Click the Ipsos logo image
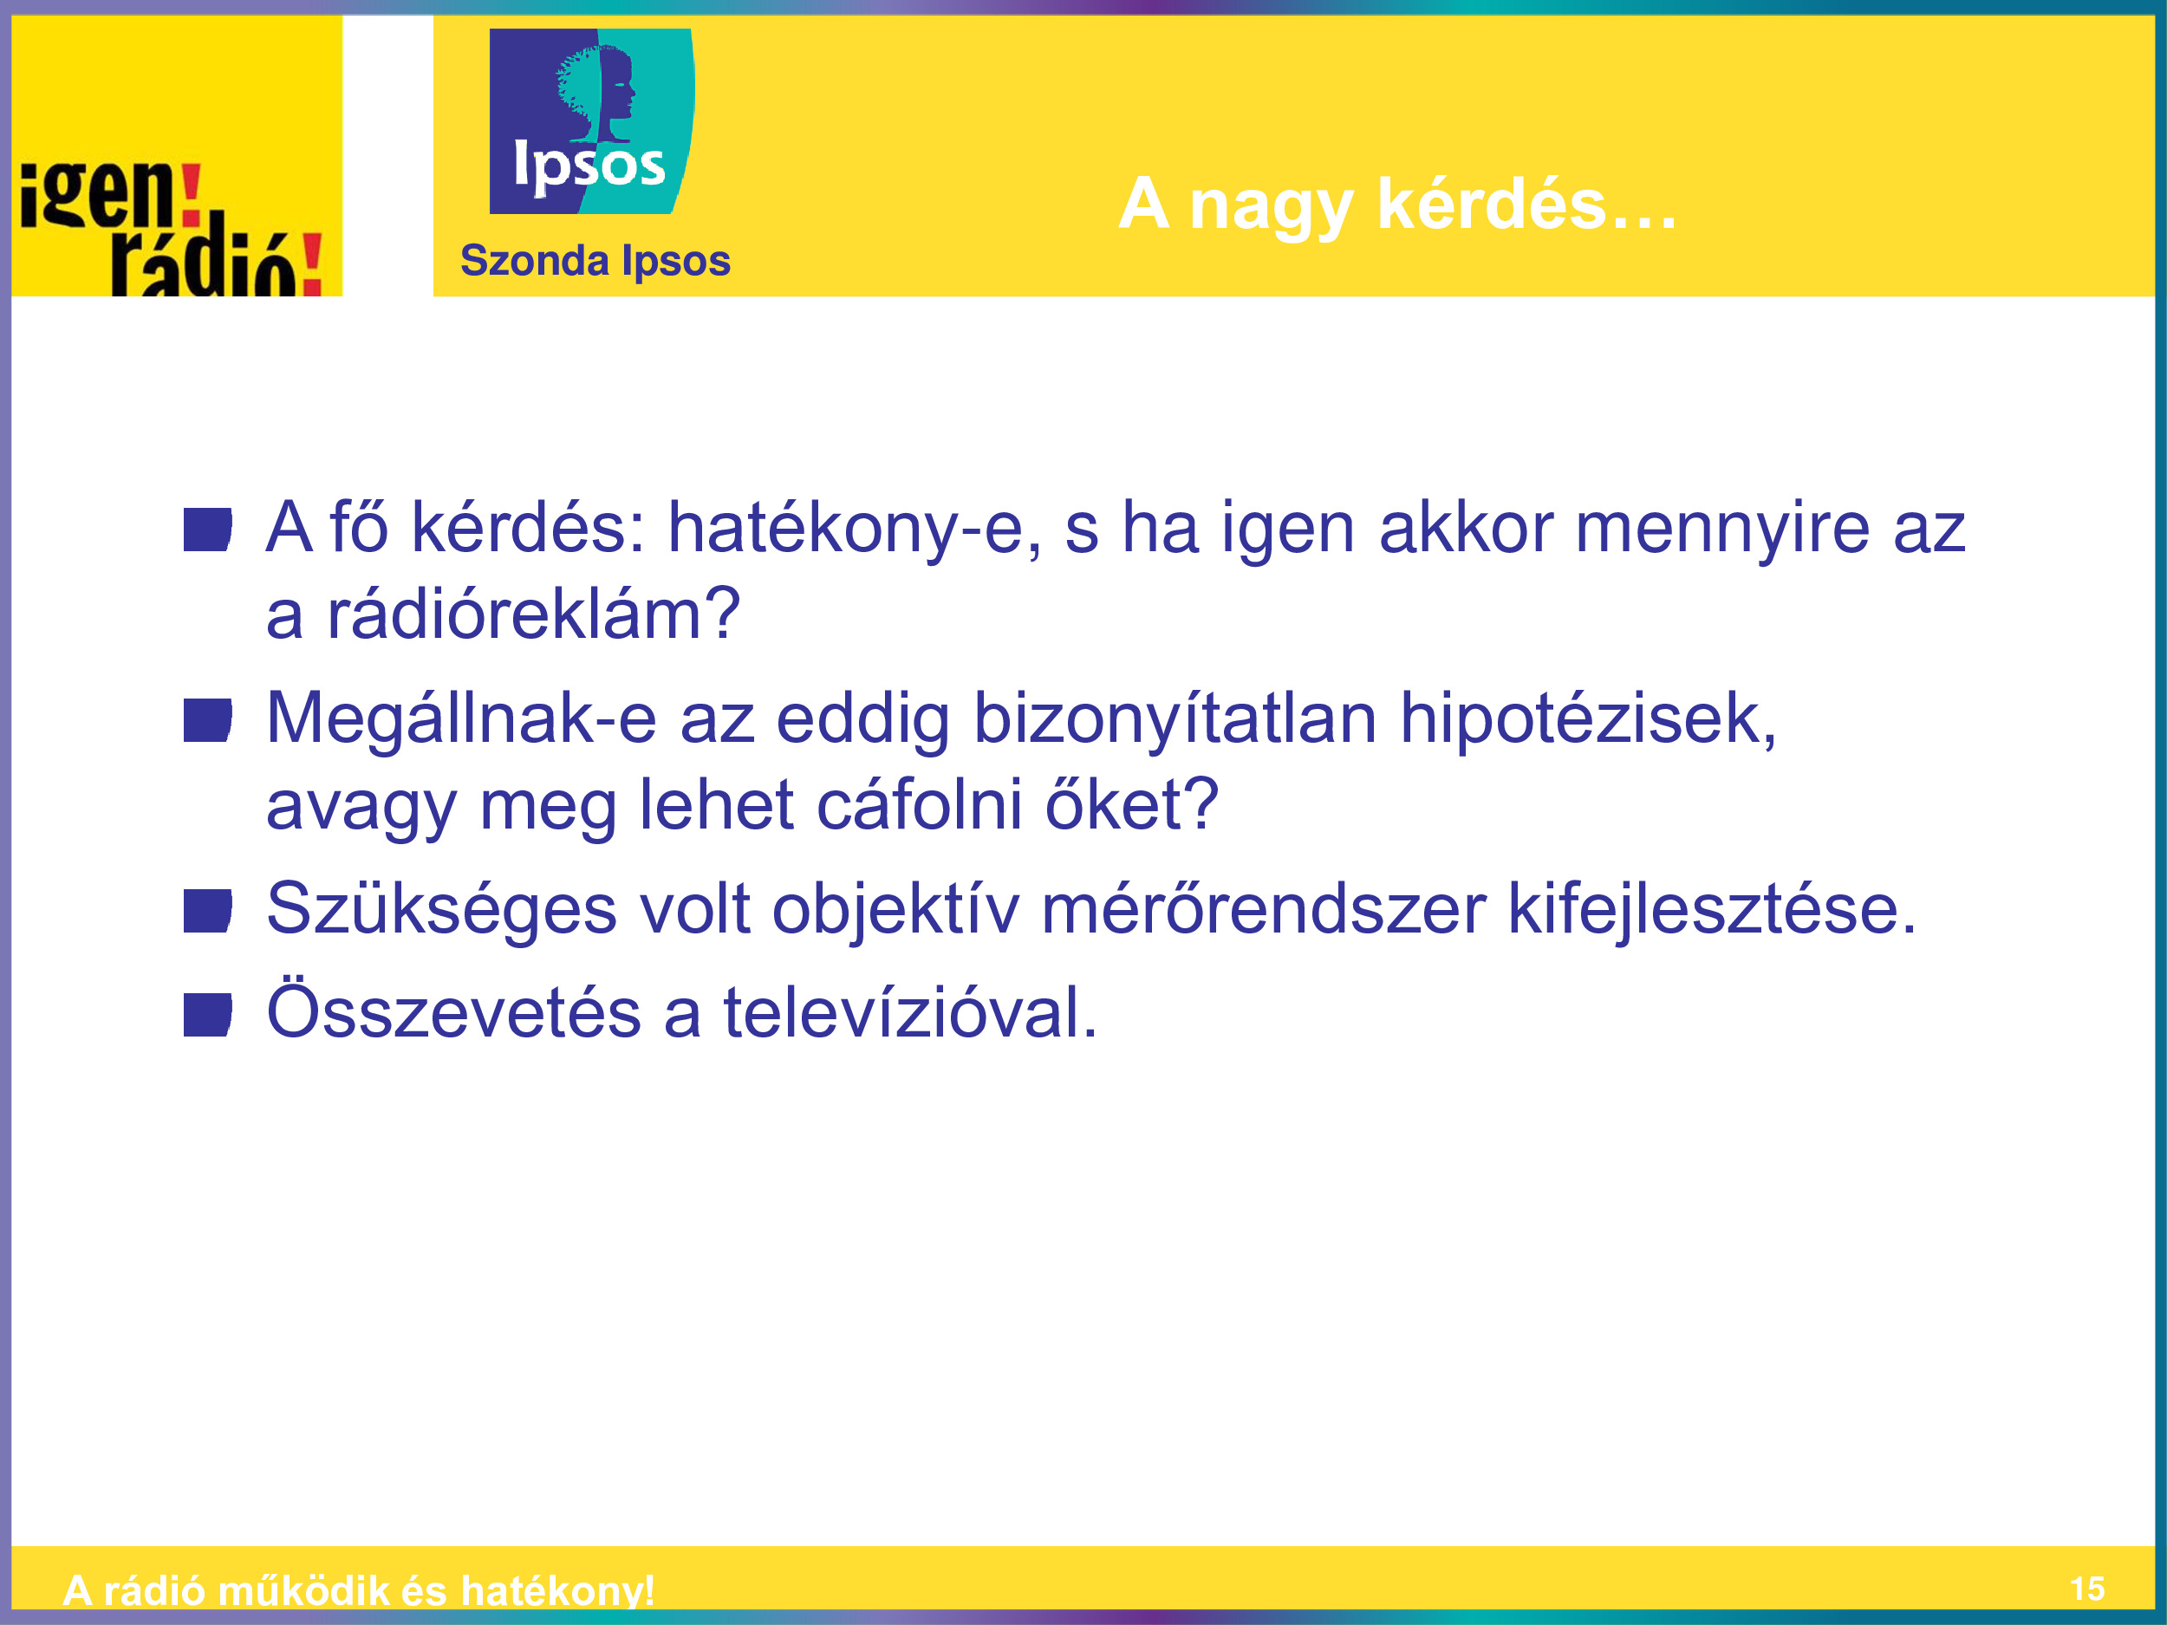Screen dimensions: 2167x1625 (x=592, y=120)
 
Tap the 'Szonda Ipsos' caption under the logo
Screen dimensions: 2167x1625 (x=595, y=261)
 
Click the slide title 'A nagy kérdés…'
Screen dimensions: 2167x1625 (x=1397, y=205)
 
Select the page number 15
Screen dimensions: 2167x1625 (x=2087, y=1589)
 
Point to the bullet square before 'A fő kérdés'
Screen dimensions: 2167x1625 (x=208, y=530)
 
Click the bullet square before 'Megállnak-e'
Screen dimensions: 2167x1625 (x=208, y=721)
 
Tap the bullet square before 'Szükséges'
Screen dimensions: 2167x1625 (x=208, y=911)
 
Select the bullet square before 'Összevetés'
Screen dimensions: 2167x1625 (x=208, y=1015)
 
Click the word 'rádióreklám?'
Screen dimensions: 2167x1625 (x=533, y=614)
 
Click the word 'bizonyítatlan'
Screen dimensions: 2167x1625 (x=1175, y=720)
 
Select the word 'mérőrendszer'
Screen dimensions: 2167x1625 (x=1263, y=909)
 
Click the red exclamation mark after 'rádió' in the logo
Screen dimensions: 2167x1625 (x=311, y=263)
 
